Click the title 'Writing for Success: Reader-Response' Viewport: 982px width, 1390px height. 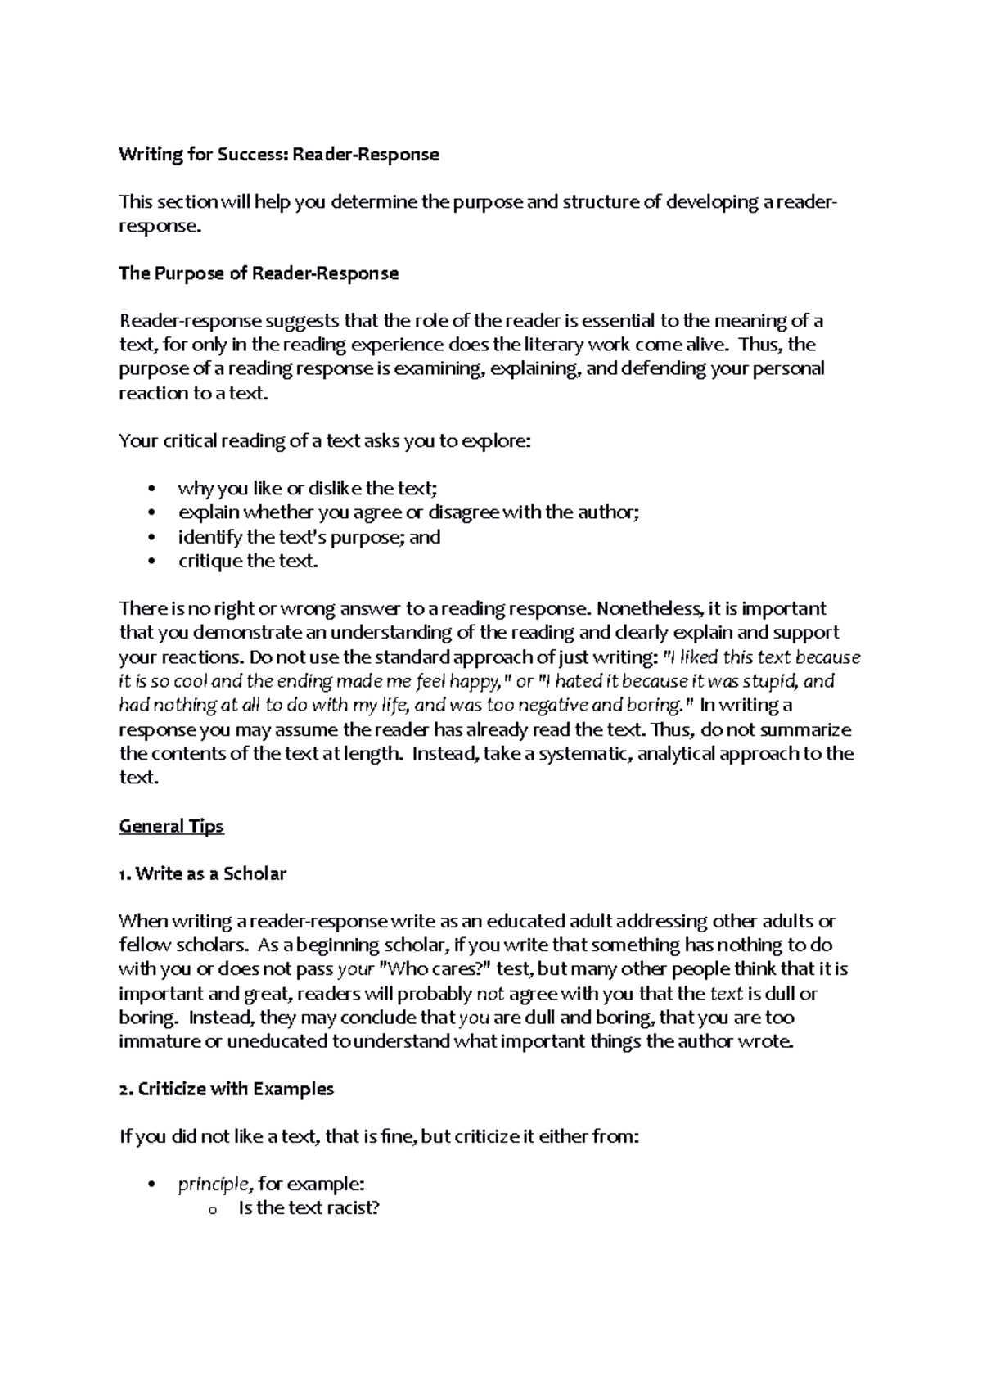tap(279, 155)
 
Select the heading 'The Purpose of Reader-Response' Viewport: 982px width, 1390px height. tap(259, 273)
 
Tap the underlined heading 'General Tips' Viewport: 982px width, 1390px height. tap(171, 826)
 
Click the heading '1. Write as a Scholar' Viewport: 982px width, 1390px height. tap(202, 873)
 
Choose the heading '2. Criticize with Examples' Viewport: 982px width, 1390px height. tap(226, 1089)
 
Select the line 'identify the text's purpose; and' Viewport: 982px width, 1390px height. tap(309, 537)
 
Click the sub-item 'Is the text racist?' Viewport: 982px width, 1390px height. tap(309, 1208)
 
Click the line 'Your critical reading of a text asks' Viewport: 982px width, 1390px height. tap(325, 441)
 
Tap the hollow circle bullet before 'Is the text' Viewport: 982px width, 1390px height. tap(213, 1211)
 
